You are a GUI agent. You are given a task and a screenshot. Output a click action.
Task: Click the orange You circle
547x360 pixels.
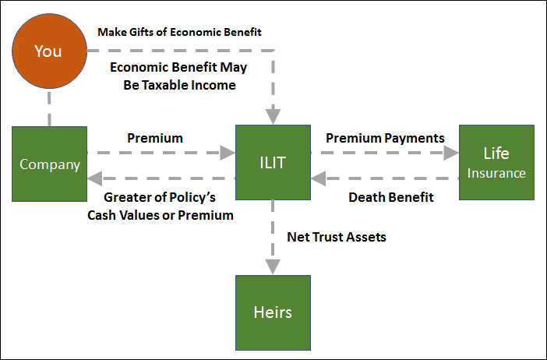[x=50, y=51]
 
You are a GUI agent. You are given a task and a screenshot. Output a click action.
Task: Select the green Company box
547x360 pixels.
[x=50, y=164]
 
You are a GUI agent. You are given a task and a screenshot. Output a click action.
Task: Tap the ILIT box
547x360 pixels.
[x=273, y=163]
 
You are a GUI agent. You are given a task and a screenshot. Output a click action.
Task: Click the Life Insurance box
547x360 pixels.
[x=497, y=163]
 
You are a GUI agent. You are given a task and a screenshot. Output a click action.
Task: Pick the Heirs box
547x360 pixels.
[x=273, y=313]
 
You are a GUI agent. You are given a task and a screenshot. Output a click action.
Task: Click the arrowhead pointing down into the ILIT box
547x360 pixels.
[x=273, y=117]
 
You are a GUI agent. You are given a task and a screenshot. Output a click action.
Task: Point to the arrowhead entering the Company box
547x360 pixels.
[x=95, y=178]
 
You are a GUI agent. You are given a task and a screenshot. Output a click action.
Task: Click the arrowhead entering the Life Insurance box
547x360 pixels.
[x=451, y=153]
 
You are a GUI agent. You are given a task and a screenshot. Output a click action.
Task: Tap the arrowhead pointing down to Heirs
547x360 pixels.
[x=273, y=266]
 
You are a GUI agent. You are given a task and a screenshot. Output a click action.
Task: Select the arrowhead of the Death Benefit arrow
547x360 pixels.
[x=319, y=178]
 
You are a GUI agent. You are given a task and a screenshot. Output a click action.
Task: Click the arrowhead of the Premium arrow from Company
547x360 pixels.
[x=228, y=153]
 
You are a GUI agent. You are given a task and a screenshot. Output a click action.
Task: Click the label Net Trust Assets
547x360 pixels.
[x=337, y=237]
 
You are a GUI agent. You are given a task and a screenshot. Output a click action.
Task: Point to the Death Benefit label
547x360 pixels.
[x=391, y=197]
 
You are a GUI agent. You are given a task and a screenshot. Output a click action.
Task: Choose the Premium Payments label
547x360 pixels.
[x=385, y=139]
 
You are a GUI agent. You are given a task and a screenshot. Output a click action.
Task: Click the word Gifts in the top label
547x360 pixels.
[x=141, y=32]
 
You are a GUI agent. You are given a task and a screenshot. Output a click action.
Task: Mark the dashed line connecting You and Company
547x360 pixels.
[x=49, y=108]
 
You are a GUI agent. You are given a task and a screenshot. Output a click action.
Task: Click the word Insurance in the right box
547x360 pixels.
[x=496, y=173]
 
